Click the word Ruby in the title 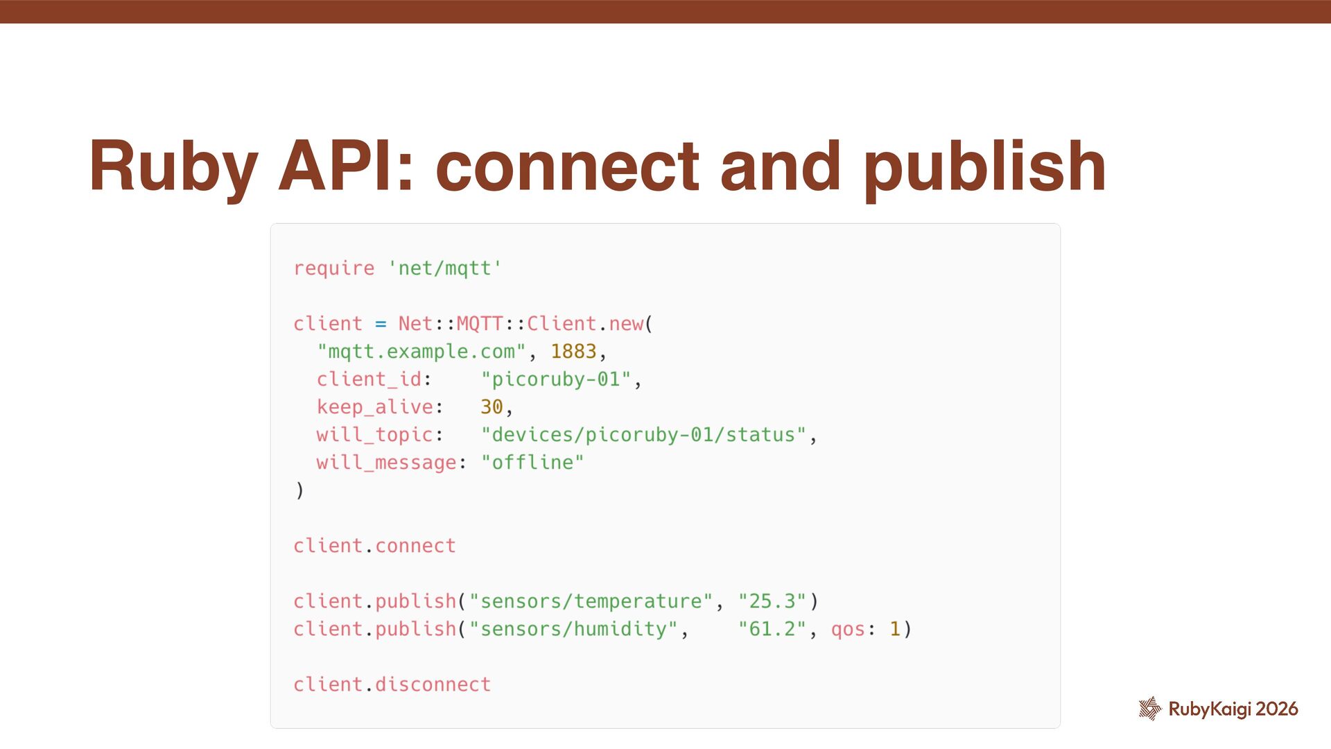[173, 168]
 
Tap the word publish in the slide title [984, 168]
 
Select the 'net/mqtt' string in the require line [444, 268]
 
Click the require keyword [333, 268]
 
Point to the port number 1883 [573, 352]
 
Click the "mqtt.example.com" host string [421, 352]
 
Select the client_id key [369, 379]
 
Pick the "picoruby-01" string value [556, 379]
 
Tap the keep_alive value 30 [491, 407]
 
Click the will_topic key [374, 435]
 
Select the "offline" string [532, 463]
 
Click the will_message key [386, 463]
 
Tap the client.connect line [374, 546]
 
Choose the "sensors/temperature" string [591, 601]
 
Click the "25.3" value [772, 601]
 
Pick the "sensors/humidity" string [573, 629]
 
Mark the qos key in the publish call [847, 629]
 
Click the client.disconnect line [392, 685]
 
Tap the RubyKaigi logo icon [1150, 708]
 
